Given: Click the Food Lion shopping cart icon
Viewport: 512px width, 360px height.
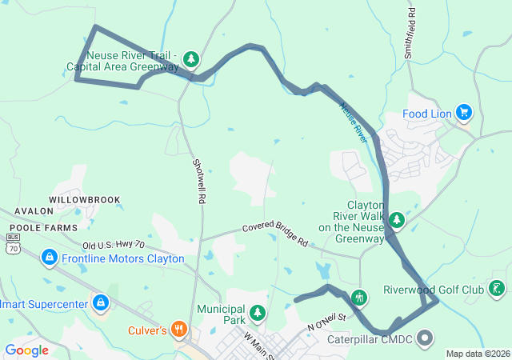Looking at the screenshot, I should coord(462,113).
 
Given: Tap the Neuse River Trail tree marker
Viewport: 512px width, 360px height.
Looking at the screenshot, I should coord(190,58).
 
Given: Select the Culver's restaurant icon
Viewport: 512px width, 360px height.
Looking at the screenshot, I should coord(178,329).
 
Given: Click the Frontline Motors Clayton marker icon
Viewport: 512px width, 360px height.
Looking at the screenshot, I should coord(49,258).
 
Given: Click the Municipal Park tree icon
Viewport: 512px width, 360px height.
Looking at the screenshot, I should coord(257,312).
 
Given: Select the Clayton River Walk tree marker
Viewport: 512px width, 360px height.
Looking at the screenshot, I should coord(396,219).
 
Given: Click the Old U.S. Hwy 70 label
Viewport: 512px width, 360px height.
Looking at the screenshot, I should coord(114,244).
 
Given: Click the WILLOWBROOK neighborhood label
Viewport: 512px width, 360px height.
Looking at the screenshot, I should coord(84,199).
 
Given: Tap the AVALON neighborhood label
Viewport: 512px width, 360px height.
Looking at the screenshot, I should coord(33,211).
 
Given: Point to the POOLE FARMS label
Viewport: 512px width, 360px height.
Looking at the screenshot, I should coord(39,227).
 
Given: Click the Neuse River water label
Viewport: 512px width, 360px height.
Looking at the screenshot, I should coord(352,121).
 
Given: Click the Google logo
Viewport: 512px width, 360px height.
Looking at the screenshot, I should coord(27,350).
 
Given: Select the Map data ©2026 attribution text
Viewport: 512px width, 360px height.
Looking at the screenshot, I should coord(477,354).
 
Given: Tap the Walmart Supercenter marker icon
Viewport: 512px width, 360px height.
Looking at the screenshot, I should coord(101,303).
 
